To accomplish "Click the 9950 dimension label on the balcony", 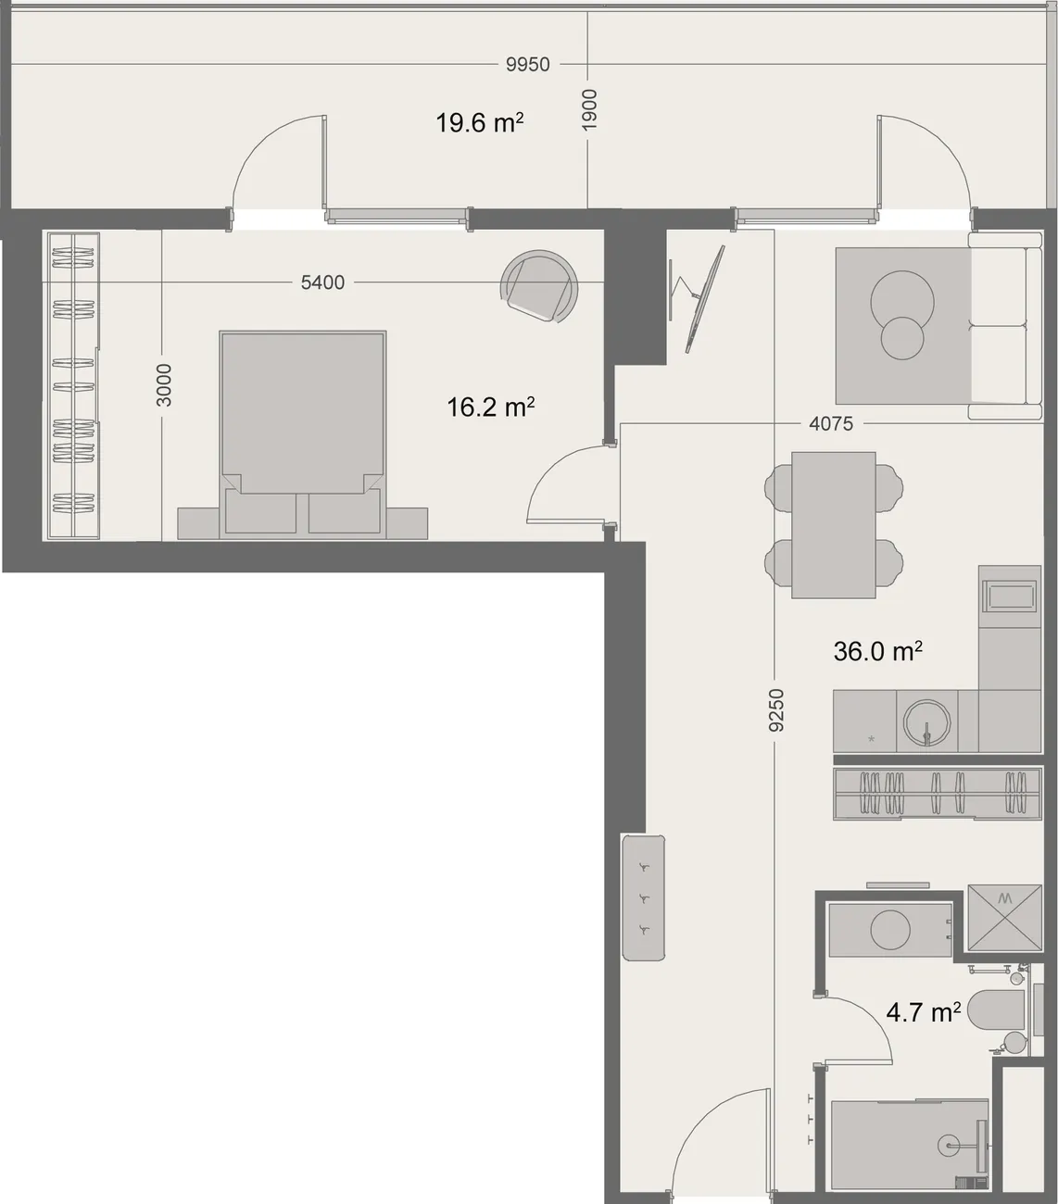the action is click(527, 64).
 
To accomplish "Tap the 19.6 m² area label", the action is click(480, 123).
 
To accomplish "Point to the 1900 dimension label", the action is click(588, 110).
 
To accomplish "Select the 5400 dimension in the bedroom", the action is click(322, 282).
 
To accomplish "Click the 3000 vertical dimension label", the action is click(163, 385).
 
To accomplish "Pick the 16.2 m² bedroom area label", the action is click(490, 408).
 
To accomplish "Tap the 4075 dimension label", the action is click(831, 424).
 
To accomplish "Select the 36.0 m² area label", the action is click(878, 651).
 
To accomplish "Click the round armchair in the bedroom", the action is click(539, 286).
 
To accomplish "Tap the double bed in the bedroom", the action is click(303, 435).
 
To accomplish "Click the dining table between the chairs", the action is click(833, 525).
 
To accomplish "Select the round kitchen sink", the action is click(926, 721).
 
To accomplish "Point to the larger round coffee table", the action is click(902, 302).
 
